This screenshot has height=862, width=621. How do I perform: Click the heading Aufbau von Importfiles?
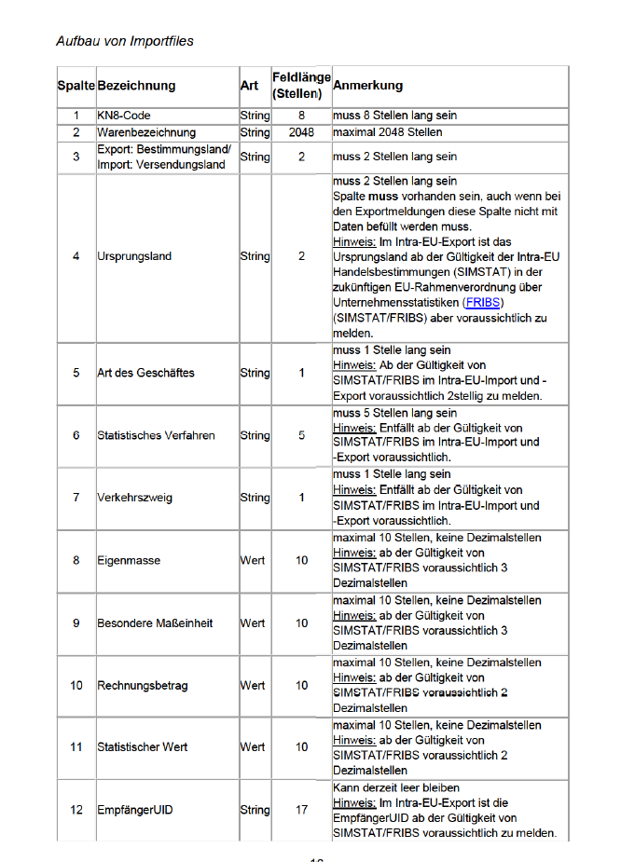click(125, 41)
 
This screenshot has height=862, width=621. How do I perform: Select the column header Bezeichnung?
click(136, 86)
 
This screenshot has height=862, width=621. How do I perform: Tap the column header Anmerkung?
click(367, 85)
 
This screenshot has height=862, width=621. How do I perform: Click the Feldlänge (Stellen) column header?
click(300, 85)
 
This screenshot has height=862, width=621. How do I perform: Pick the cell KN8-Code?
click(124, 116)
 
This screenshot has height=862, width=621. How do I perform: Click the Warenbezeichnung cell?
click(146, 132)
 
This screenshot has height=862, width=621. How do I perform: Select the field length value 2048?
click(301, 132)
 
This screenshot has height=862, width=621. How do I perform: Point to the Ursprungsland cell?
click(134, 256)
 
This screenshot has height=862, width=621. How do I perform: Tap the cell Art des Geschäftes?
click(145, 373)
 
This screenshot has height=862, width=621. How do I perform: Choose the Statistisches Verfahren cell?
click(156, 435)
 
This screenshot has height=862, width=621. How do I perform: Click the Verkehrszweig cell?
click(134, 498)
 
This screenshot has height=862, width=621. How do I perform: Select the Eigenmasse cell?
click(129, 560)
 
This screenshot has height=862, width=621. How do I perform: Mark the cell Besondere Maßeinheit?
click(155, 623)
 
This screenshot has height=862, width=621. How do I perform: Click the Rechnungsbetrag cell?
click(143, 685)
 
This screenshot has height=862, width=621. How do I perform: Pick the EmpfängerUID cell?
click(134, 810)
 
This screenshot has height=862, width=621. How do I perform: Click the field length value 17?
click(301, 810)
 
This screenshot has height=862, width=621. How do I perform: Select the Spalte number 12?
click(76, 810)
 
